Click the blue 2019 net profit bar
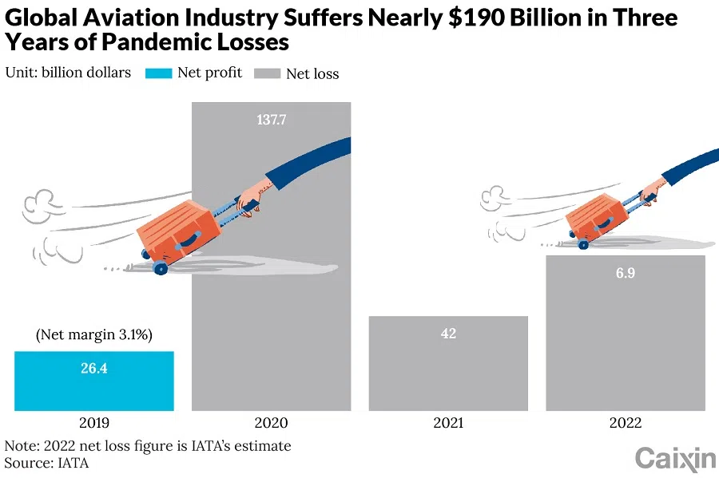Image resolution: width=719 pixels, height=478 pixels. pos(93,381)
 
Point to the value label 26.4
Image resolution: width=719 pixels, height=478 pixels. pos(93,369)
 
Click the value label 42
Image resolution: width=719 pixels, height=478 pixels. pos(448,333)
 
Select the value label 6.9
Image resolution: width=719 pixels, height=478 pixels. pos(626,273)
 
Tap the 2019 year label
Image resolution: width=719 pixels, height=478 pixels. pos(93,423)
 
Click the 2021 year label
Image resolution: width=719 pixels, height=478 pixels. pos(448,423)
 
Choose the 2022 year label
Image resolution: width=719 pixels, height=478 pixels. pos(626,423)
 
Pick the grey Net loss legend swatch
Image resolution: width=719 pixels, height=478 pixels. pos(267,73)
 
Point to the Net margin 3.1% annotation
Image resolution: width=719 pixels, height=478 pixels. pos(93,334)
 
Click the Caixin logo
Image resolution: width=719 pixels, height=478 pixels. pos(674,459)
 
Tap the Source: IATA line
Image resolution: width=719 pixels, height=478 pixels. pos(46,462)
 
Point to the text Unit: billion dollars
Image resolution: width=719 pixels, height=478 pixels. pos(68,73)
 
